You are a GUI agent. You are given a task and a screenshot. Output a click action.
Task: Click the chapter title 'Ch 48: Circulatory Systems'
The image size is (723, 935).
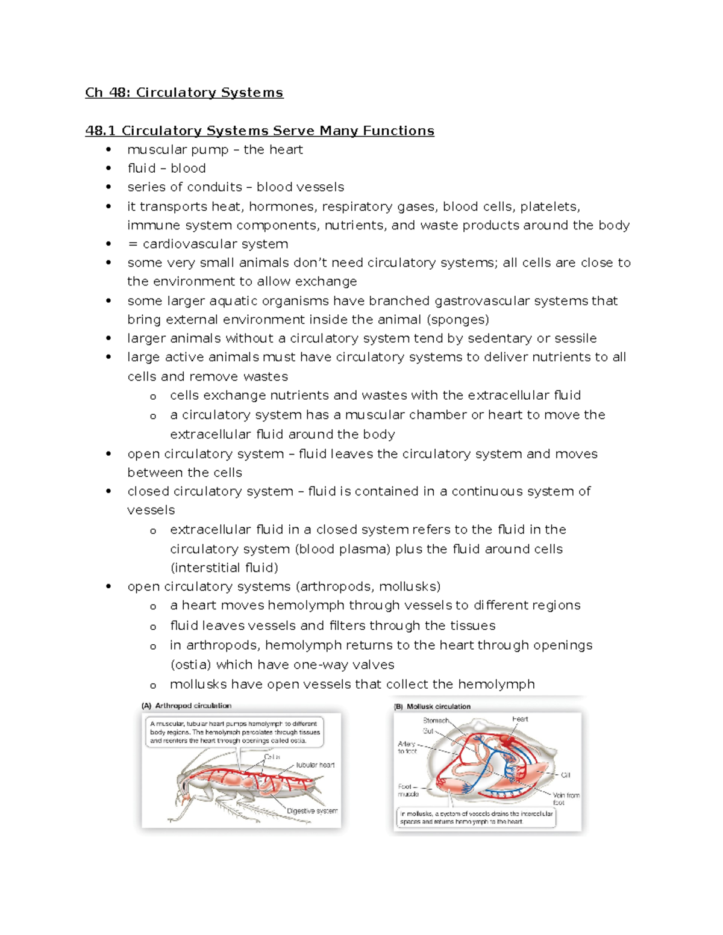184,93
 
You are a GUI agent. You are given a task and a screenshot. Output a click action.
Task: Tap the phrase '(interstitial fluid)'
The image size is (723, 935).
224,568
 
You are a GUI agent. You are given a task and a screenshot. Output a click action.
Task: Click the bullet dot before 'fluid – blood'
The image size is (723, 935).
108,169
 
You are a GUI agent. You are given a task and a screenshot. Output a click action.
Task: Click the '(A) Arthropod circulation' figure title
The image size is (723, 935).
186,706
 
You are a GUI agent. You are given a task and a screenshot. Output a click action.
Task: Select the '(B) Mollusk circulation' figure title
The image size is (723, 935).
432,706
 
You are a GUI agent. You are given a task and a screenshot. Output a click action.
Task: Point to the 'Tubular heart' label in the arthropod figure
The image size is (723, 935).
315,765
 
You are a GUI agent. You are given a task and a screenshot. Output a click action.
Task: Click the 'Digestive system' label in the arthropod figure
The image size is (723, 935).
311,811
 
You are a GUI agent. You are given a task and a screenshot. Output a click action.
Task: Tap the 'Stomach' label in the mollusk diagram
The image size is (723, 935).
436,721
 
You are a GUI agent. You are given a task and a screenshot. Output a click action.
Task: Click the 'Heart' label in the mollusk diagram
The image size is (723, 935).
520,719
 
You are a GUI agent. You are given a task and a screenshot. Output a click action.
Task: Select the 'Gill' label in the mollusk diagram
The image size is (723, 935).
565,775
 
